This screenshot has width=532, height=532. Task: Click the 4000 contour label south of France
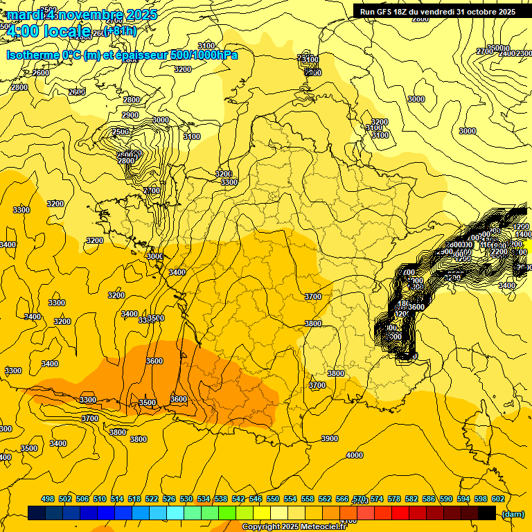354,455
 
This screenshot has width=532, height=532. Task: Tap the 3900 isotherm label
330,438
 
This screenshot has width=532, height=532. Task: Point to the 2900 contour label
130,115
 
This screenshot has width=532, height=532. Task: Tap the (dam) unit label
512,513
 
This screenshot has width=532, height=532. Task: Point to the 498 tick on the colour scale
48,499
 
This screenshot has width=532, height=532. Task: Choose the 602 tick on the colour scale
498,499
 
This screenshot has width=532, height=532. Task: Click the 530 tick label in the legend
186,499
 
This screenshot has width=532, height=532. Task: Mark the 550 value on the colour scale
273,499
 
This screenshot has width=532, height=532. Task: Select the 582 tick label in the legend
411,499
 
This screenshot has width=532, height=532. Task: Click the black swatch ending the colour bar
487,513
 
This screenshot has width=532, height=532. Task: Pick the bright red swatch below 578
400,513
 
